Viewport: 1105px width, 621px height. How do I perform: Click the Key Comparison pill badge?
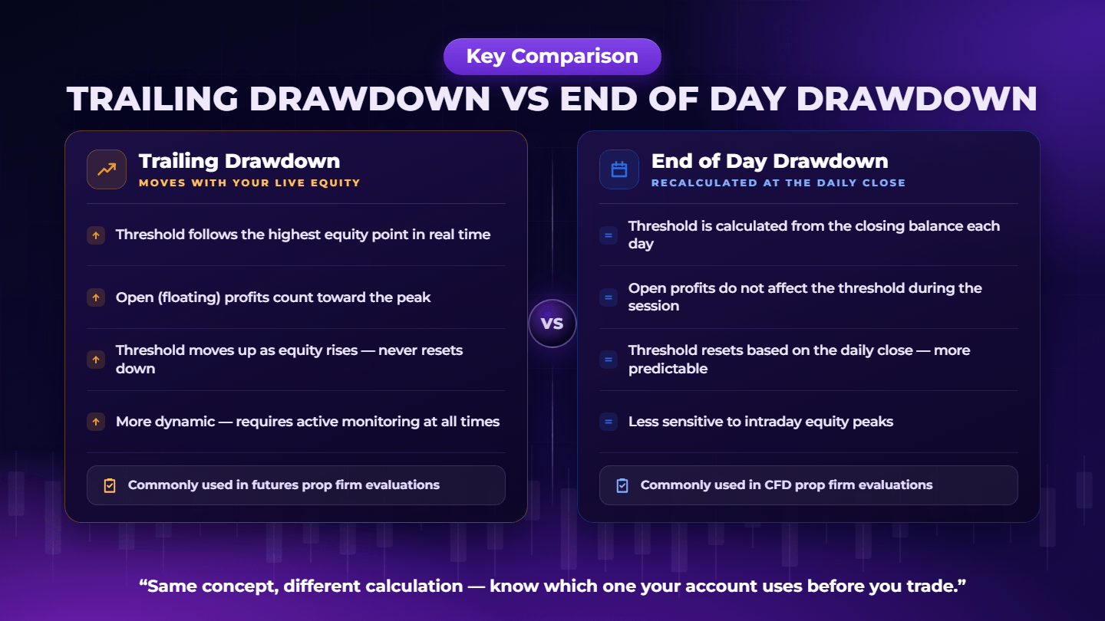coord(552,57)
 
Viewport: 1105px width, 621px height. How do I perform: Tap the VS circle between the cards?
coord(552,324)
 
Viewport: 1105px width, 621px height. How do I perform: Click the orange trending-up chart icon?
coord(107,169)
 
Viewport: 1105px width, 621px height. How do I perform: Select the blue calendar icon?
coord(619,169)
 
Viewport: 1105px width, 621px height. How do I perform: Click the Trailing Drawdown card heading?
coord(239,161)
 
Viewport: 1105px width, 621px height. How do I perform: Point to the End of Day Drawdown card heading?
coord(770,161)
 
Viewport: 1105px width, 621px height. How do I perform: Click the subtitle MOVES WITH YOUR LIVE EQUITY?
coord(249,182)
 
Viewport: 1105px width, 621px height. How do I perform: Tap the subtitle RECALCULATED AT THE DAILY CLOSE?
coord(778,182)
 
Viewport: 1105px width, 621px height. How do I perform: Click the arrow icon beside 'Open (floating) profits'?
coord(96,297)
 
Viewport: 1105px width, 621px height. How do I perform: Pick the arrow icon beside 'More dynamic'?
coord(96,422)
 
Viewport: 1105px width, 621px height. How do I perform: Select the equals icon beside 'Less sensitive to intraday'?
coord(609,422)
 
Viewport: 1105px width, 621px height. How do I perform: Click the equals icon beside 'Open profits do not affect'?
coord(609,297)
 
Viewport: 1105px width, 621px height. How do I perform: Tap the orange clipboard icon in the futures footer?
coord(110,485)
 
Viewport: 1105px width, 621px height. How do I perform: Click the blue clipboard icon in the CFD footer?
coord(622,485)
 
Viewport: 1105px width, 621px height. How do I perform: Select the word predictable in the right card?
coord(668,369)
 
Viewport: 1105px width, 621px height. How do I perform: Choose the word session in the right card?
coord(654,306)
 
